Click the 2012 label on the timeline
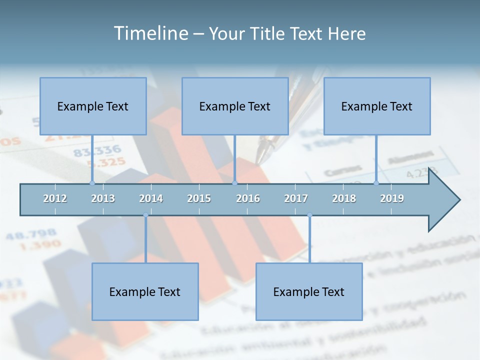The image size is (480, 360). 55,198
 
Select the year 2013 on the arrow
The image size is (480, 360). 103,198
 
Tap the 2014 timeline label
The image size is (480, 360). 151,198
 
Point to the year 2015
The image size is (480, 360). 199,198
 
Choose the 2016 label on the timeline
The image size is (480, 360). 248,198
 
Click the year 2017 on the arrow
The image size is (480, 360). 296,198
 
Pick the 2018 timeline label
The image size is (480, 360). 344,198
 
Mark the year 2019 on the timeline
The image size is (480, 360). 392,198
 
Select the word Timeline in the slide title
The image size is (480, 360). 149,33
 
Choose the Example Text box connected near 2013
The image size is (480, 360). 93,106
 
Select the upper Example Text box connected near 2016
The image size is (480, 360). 235,106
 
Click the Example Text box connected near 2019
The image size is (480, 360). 377,106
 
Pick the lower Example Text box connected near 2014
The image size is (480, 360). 145,291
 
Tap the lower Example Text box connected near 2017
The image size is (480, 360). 309,291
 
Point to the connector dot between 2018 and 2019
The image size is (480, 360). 376,183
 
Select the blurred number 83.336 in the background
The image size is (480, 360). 97,150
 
